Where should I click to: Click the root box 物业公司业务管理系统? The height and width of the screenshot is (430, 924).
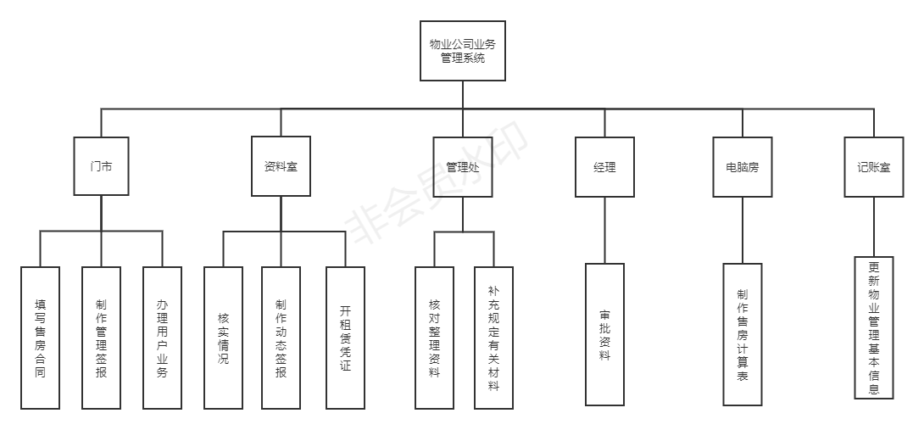[463, 51]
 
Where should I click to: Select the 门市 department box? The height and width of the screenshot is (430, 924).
[101, 167]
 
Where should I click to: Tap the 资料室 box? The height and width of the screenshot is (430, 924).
[280, 167]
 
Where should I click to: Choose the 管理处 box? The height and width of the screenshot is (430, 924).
[463, 167]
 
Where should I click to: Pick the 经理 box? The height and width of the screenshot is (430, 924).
[604, 167]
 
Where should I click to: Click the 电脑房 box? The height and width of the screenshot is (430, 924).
[742, 167]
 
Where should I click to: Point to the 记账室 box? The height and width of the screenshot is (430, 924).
[873, 167]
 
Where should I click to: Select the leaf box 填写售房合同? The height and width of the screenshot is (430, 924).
[41, 338]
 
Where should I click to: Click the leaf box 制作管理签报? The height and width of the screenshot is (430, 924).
[102, 338]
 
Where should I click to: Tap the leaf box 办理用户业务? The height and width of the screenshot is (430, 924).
[162, 338]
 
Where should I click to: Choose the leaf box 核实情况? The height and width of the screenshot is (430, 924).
[223, 338]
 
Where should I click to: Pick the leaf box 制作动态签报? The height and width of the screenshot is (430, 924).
[281, 338]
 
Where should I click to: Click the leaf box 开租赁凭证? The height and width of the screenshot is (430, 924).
[345, 338]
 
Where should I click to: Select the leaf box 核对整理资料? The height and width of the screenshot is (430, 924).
[434, 338]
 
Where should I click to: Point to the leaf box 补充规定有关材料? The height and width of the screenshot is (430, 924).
[493, 338]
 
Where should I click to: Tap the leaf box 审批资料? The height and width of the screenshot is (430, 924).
[604, 334]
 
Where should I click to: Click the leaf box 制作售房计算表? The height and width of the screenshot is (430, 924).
[742, 334]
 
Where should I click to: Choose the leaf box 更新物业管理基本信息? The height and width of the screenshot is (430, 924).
[874, 327]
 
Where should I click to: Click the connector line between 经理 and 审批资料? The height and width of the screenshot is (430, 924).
[604, 230]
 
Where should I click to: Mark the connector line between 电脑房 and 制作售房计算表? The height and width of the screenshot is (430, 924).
[742, 230]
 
